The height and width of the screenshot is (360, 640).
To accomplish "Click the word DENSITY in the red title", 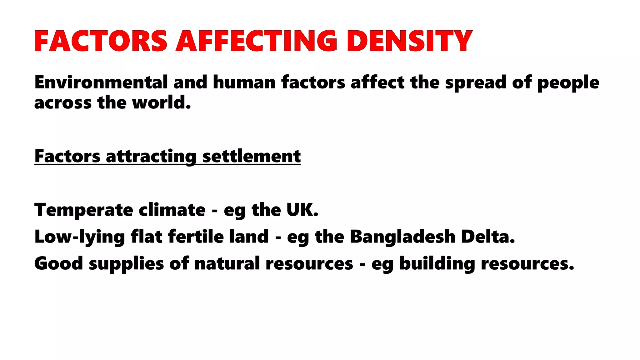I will pyautogui.click(x=409, y=41).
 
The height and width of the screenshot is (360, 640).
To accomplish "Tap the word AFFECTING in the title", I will pyautogui.click(x=257, y=41).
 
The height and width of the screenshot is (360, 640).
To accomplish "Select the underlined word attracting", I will pyautogui.click(x=151, y=156).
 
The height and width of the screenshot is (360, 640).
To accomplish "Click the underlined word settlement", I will pyautogui.click(x=252, y=156).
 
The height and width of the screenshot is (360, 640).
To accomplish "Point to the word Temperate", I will pyautogui.click(x=83, y=210).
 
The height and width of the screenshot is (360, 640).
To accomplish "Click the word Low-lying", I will pyautogui.click(x=80, y=237).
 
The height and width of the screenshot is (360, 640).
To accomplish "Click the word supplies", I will pyautogui.click(x=126, y=264).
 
